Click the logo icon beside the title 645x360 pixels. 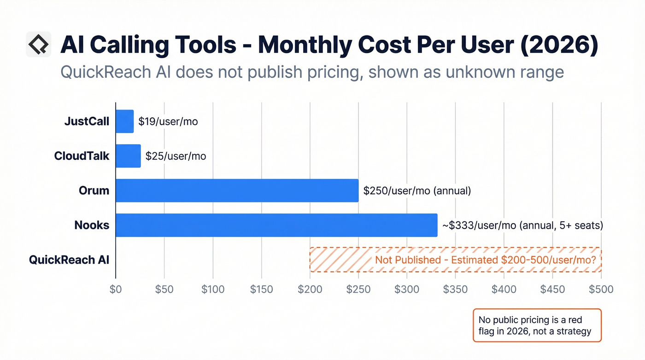[x=38, y=45]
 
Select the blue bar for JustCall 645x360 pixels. [x=124, y=122]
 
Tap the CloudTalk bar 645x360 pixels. [x=128, y=156]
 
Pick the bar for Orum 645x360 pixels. [x=237, y=190]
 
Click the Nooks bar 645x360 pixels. [x=276, y=225]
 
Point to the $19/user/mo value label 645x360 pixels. [x=168, y=122]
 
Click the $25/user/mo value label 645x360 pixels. [x=176, y=156]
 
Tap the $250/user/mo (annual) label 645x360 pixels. [x=417, y=191]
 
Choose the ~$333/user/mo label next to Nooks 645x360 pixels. [x=522, y=225]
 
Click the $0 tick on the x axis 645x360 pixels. [x=116, y=289]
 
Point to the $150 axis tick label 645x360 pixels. [x=261, y=289]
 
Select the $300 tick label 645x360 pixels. [x=407, y=289]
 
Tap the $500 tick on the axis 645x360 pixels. [x=601, y=289]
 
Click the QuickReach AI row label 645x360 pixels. [x=69, y=260]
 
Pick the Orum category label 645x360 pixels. [x=94, y=190]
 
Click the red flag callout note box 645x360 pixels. [x=537, y=325]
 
